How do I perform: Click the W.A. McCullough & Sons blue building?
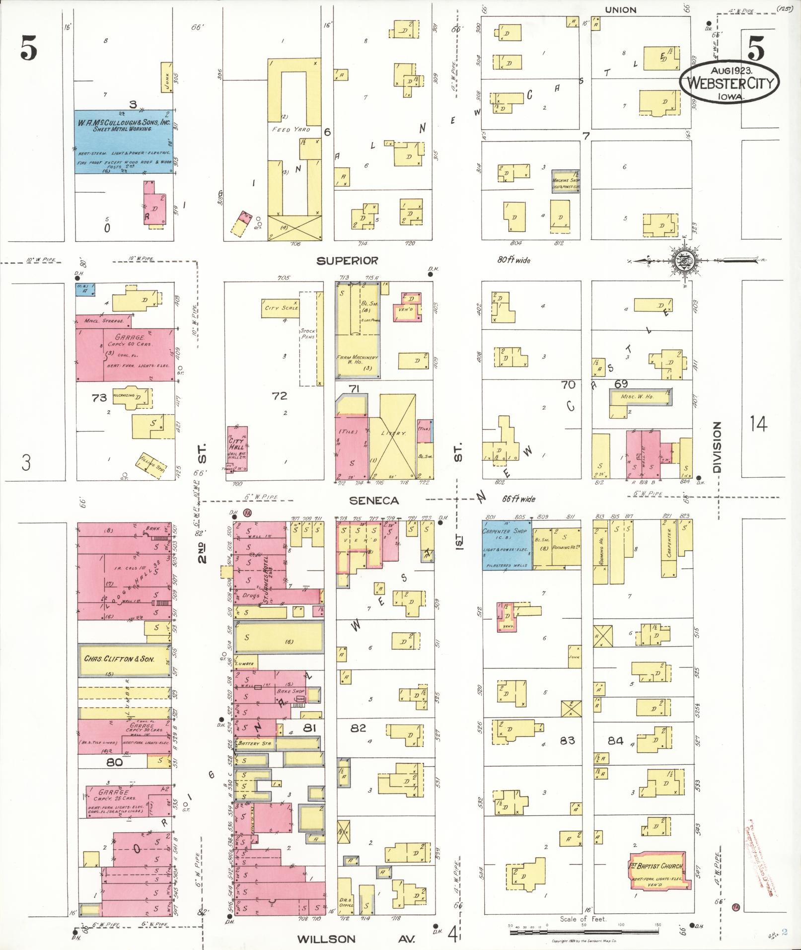[124, 142]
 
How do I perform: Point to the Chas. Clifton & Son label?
[119, 659]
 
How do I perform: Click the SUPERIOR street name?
[348, 261]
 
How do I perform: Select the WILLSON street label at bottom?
[327, 939]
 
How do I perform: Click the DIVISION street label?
[716, 447]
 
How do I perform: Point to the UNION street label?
[620, 9]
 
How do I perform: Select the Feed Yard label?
[291, 130]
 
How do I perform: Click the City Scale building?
[282, 308]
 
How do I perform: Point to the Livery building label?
[393, 433]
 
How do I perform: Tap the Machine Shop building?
[566, 181]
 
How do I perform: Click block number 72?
[280, 396]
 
